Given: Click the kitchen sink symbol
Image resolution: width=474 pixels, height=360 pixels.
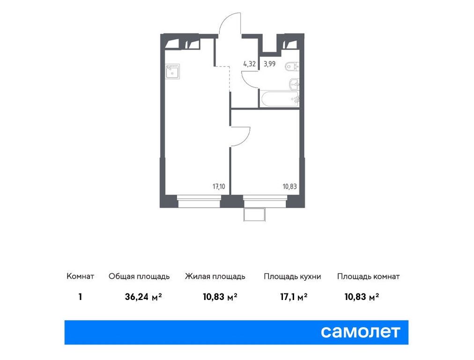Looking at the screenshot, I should click(x=172, y=71).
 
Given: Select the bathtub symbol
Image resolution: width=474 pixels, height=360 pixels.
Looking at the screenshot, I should click(x=280, y=98).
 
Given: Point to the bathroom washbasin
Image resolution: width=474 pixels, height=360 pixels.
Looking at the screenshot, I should click(x=294, y=84).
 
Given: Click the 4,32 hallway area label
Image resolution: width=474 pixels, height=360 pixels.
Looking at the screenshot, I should click(x=249, y=64).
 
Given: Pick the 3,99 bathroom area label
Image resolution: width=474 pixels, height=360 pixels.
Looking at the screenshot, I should click(x=269, y=64).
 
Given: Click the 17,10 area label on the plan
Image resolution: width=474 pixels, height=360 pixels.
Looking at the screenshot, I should click(x=219, y=186).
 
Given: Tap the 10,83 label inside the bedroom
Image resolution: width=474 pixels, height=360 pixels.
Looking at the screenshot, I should click(x=289, y=186).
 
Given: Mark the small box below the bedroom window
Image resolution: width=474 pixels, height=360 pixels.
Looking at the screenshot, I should click(x=254, y=214).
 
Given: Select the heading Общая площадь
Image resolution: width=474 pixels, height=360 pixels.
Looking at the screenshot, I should click(x=139, y=277).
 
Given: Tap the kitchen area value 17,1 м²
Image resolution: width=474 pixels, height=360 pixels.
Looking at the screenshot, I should click(x=292, y=296).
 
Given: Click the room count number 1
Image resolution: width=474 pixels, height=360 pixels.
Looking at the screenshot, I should click(x=81, y=296).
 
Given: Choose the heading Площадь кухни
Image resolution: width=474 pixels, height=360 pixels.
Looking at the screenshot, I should click(x=292, y=277).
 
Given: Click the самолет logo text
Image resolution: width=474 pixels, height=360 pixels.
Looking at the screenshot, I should click(x=361, y=332).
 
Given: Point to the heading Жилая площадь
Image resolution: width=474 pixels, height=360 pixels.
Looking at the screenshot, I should click(x=215, y=277).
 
